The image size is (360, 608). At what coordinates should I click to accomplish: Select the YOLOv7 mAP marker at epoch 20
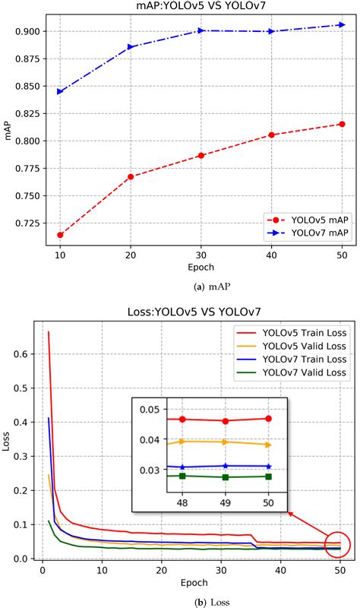coord(131,47)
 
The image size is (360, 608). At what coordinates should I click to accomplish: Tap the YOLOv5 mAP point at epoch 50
coord(342,124)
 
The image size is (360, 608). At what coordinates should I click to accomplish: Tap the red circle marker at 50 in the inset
coord(267,419)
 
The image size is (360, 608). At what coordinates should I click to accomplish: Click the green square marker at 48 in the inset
coord(182,476)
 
